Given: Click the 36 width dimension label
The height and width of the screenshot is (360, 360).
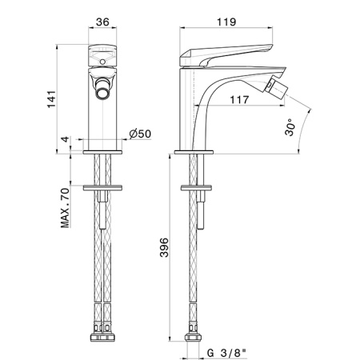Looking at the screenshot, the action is [x=102, y=22].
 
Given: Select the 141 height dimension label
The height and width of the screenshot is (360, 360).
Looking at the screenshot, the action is [x=52, y=99].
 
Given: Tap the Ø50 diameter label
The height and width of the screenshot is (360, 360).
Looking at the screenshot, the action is [x=140, y=134].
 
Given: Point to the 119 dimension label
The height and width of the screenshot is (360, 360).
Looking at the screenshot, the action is [x=226, y=22].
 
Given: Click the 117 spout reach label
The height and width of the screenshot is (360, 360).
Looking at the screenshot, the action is [x=239, y=100].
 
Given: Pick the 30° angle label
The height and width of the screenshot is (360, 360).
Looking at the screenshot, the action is [x=290, y=127].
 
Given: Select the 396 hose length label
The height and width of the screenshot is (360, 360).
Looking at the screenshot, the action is [x=164, y=247].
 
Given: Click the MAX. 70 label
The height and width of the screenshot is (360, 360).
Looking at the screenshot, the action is [x=65, y=208].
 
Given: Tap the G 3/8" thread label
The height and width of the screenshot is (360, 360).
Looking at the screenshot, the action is [x=226, y=353].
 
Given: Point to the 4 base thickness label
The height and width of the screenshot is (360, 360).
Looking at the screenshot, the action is [x=66, y=139].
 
